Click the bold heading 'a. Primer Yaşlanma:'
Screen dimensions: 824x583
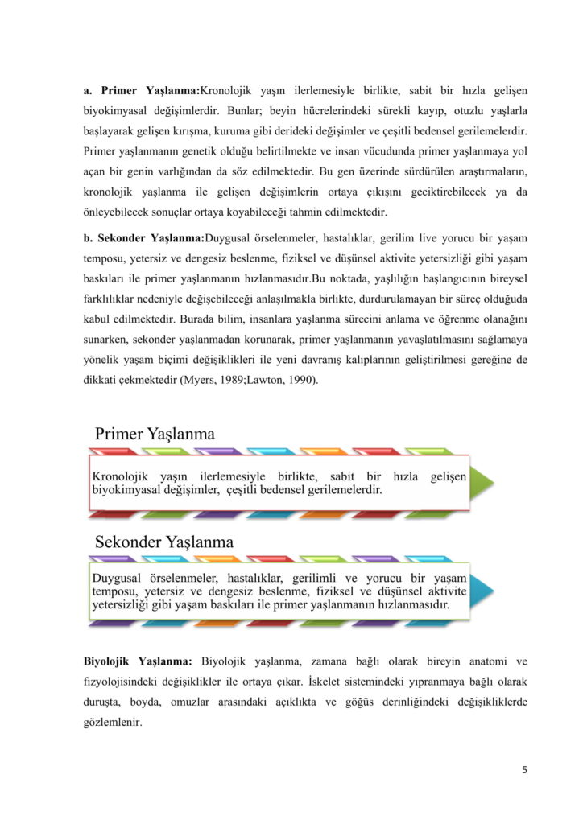141,89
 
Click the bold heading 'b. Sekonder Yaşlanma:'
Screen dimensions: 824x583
144,237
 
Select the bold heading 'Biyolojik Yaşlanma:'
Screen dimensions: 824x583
138,661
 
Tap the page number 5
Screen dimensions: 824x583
524,770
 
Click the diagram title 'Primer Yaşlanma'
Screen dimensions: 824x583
155,434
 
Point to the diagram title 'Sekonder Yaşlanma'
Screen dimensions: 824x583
164,542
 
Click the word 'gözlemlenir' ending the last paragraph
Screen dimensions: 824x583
113,723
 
